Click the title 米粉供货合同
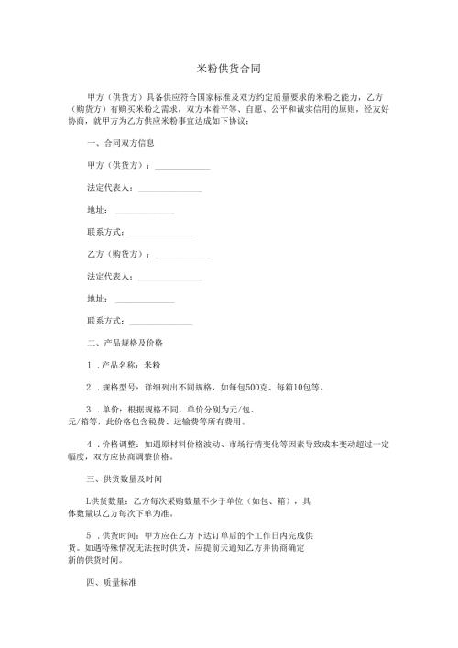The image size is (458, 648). (x=229, y=69)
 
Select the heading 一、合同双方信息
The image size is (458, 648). (x=119, y=144)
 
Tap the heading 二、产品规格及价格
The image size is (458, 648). (x=124, y=343)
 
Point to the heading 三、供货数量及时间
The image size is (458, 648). (x=124, y=478)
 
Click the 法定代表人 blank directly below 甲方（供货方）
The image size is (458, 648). (x=169, y=189)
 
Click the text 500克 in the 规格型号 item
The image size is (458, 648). (x=256, y=388)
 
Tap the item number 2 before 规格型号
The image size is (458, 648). (x=88, y=388)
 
